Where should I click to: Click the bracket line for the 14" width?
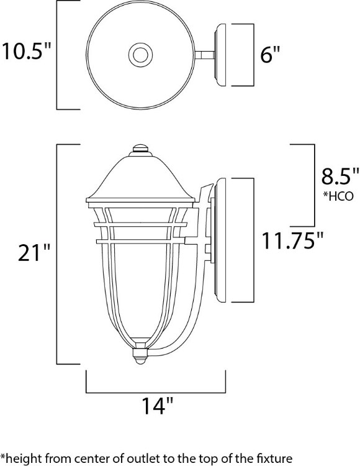(x=155, y=392)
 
